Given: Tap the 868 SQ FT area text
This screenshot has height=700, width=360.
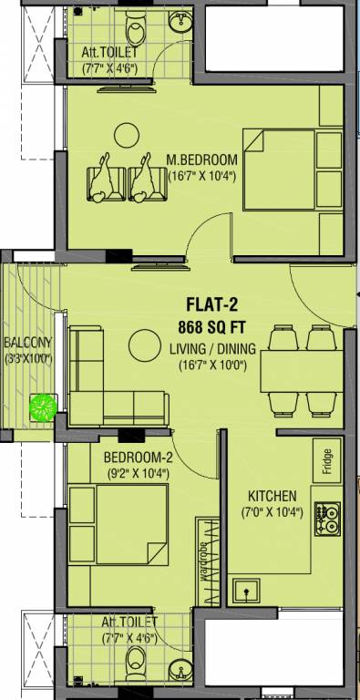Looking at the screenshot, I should tap(213, 327).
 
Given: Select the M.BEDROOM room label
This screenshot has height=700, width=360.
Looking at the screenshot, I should tap(202, 160).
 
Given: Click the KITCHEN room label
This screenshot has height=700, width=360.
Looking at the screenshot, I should tap(273, 496).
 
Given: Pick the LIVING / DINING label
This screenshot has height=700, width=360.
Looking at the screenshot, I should tap(212, 349).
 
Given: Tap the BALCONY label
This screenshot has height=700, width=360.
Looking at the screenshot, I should tap(27, 343).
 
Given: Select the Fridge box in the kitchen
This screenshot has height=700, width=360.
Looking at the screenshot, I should tap(326, 460).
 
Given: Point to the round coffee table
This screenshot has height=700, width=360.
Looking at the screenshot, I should tap(143, 345).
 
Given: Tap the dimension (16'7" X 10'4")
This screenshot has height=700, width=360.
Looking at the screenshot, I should tap(201, 176).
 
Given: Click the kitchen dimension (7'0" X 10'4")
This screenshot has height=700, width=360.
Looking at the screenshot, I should tap(273, 512).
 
